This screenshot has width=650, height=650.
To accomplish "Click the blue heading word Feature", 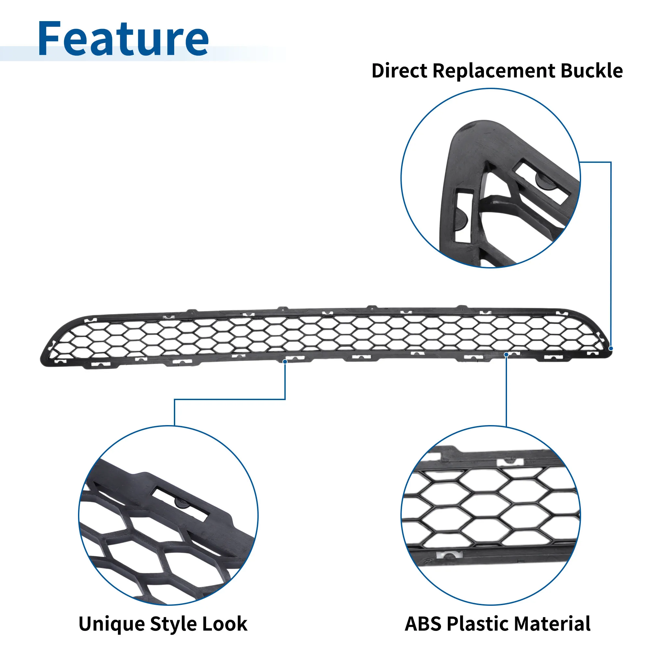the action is pyautogui.click(x=123, y=38).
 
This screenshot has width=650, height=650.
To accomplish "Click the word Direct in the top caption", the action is pyautogui.click(x=399, y=71).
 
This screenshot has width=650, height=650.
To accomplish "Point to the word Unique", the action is pyautogui.click(x=112, y=624).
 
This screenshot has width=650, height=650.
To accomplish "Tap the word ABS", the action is pyautogui.click(x=423, y=624).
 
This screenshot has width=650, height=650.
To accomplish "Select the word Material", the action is pyautogui.click(x=552, y=624).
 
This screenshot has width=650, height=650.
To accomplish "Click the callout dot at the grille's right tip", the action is pyautogui.click(x=611, y=348).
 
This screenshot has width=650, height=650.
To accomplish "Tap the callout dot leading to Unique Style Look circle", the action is pyautogui.click(x=285, y=361).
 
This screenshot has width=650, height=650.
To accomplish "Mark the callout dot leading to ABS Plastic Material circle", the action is pyautogui.click(x=506, y=355).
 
